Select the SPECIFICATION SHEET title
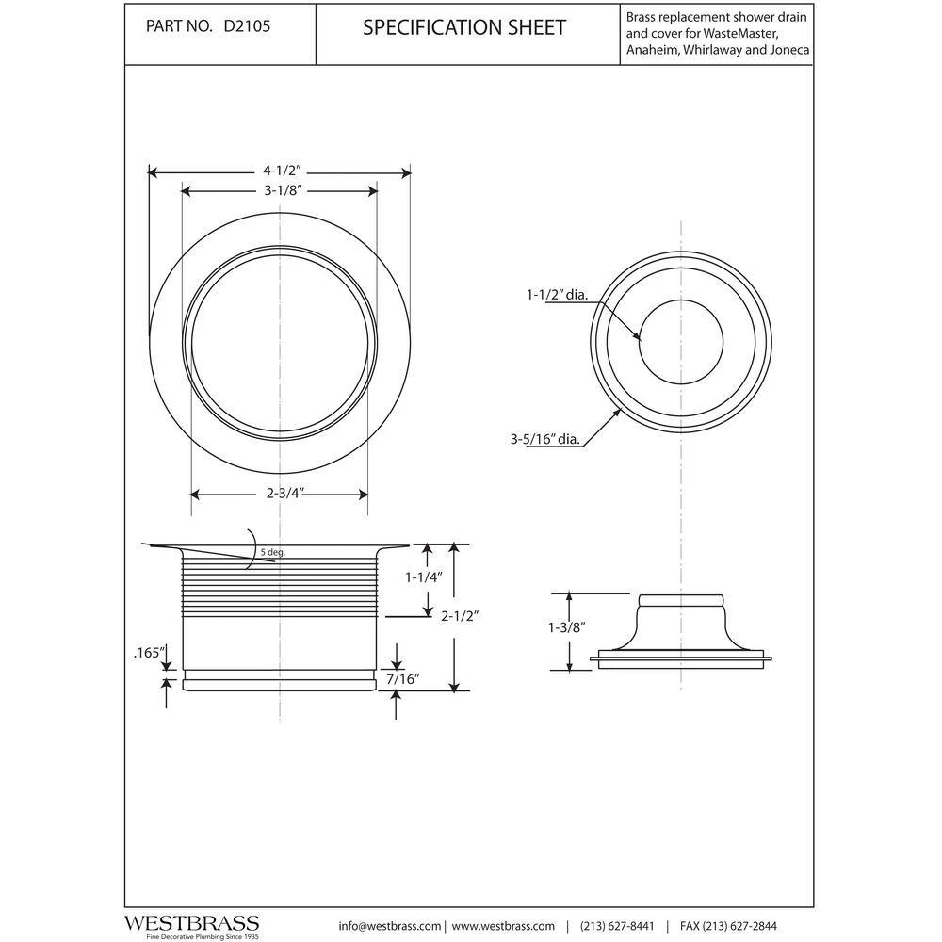click(x=464, y=27)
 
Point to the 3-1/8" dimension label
click(x=281, y=190)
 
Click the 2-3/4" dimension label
click(x=280, y=492)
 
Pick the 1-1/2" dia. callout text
click(x=557, y=295)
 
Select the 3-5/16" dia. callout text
click(x=545, y=437)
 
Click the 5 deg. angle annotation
click(x=273, y=553)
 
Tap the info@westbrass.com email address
click(x=390, y=926)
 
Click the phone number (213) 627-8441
click(x=617, y=926)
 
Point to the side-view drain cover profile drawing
click(x=681, y=633)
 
